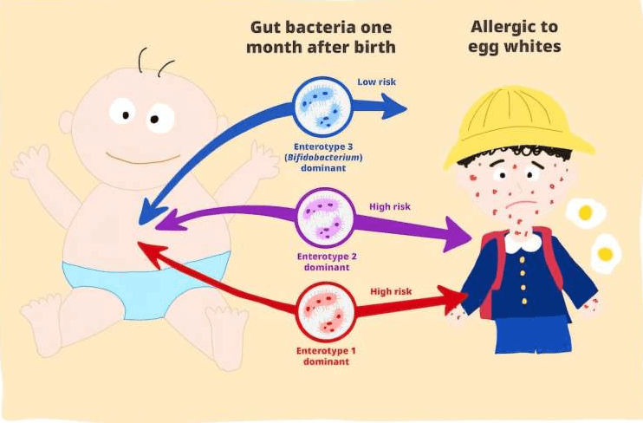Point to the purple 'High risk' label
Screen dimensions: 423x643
click(390, 206)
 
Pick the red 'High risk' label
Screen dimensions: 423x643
click(392, 292)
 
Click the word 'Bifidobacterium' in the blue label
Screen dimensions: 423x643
click(322, 157)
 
